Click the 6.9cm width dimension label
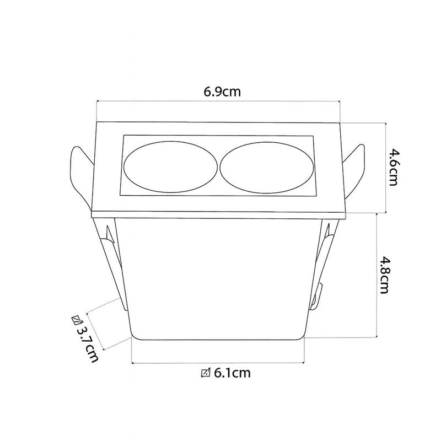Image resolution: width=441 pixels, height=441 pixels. coord(222,91)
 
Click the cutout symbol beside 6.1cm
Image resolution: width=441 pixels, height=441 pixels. coord(206,373)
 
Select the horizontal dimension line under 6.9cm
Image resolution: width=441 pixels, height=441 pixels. coord(218,101)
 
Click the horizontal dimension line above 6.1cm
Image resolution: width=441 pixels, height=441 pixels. coord(218,362)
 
